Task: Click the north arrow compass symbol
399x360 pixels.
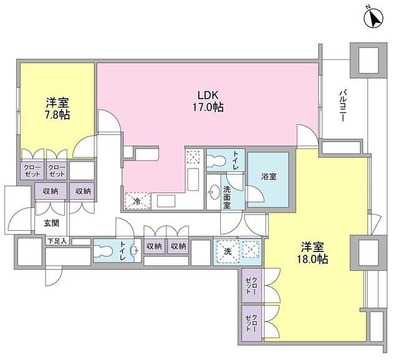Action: (x=373, y=18)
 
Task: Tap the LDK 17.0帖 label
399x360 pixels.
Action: (x=208, y=101)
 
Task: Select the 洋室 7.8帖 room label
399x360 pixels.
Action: (x=57, y=109)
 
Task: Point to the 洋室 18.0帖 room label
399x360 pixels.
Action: (x=312, y=253)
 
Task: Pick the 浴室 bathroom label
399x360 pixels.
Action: (x=269, y=177)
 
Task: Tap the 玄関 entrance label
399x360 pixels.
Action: (x=52, y=223)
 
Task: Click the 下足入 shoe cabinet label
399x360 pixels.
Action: (x=57, y=241)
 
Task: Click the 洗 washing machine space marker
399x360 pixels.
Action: (x=228, y=251)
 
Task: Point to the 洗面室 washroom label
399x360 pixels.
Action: (x=227, y=197)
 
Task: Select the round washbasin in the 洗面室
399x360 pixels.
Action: (x=214, y=192)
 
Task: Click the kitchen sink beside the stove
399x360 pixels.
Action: (x=193, y=179)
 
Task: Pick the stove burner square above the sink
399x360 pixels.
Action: (x=193, y=157)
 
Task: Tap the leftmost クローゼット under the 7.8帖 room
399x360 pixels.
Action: (x=32, y=170)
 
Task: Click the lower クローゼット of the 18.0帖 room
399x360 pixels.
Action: (x=251, y=323)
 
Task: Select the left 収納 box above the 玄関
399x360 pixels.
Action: (x=50, y=191)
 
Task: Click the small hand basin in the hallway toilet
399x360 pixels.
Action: (x=134, y=251)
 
